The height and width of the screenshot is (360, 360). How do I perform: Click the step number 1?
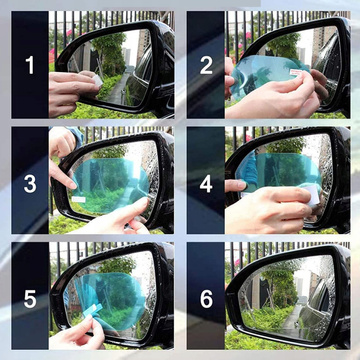pos(29,66)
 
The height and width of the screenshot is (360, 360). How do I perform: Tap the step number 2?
pos(206,66)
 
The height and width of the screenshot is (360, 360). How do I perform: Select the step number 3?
pos(30,182)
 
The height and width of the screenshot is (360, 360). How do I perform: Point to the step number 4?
pos(206,182)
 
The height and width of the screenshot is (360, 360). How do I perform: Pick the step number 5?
pos(29,300)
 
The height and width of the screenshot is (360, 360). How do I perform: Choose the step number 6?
pos(206,300)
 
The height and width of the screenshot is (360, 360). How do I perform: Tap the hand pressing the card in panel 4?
pos(265,210)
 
